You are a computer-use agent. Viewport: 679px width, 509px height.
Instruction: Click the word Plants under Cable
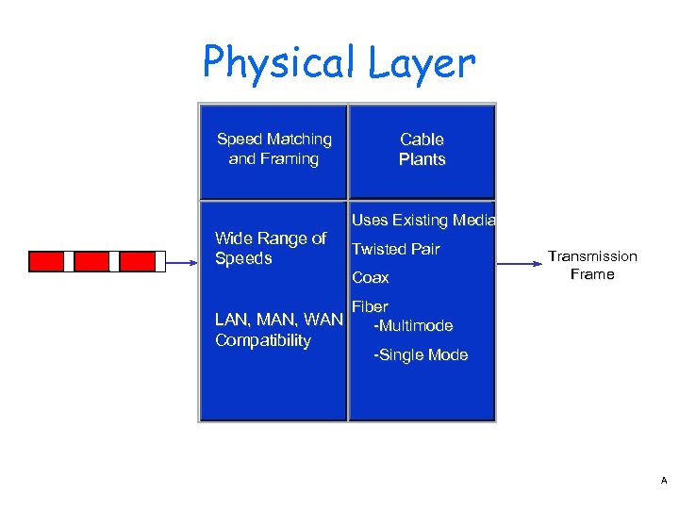[x=422, y=159]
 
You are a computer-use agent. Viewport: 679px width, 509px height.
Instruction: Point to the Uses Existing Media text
[x=423, y=221]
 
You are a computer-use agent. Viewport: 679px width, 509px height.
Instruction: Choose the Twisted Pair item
[x=395, y=250]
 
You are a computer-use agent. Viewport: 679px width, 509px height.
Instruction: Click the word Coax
[x=371, y=278]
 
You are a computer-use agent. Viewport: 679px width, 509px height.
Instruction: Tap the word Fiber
[x=370, y=306]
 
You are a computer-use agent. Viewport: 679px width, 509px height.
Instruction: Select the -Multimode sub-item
[x=413, y=326]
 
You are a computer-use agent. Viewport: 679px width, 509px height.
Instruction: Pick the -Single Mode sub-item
[x=421, y=355]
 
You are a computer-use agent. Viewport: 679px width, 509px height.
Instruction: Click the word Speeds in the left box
[x=243, y=258]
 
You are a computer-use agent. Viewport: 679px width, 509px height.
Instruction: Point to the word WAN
[x=324, y=320]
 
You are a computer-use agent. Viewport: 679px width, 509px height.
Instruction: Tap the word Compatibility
[x=263, y=340]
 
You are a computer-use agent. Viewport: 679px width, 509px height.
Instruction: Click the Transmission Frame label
[x=592, y=265]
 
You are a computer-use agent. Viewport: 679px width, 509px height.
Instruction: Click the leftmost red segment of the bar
[x=46, y=261]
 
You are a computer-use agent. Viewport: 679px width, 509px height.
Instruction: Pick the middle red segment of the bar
[x=91, y=261]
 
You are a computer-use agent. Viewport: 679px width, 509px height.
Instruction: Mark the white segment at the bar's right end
[x=160, y=261]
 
